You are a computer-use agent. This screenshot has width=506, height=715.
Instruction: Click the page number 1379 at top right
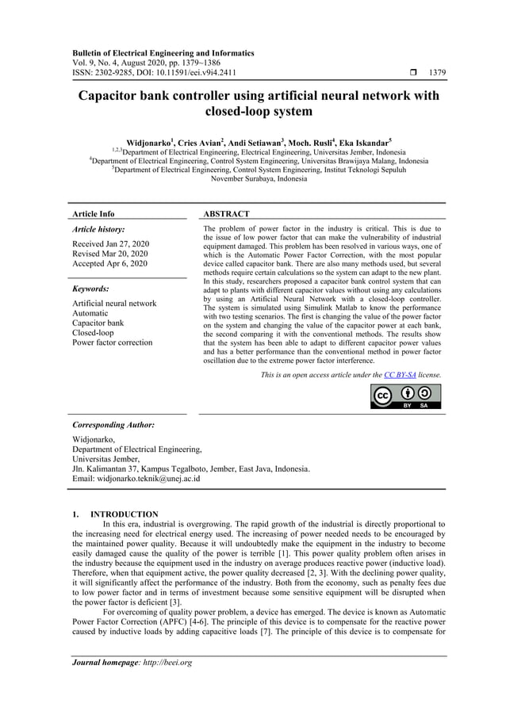(x=437, y=73)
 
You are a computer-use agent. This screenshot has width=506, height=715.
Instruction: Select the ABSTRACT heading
(x=226, y=214)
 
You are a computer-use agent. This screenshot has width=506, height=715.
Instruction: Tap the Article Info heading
(x=93, y=214)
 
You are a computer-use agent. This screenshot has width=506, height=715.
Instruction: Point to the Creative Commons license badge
(x=406, y=396)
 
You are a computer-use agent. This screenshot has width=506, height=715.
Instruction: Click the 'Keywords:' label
(x=90, y=289)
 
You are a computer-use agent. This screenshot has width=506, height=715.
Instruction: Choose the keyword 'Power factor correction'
(x=112, y=342)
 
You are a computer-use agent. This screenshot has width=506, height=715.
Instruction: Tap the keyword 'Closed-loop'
(x=93, y=333)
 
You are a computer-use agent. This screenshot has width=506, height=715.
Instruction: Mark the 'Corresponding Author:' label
(x=113, y=425)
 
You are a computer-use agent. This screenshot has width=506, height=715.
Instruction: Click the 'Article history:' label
(x=98, y=228)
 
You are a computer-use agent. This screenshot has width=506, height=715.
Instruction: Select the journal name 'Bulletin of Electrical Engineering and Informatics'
(x=163, y=53)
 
